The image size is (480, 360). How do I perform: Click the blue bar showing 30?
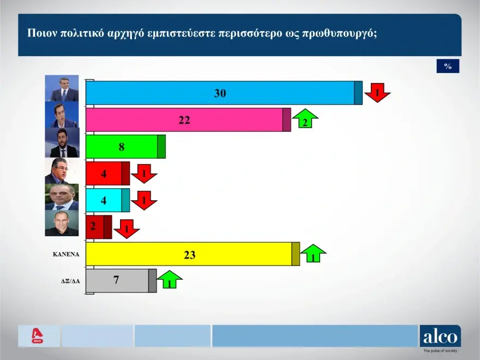pos(224,93)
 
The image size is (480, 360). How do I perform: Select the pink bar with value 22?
pos(188,119)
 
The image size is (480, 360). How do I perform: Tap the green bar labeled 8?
pos(125,147)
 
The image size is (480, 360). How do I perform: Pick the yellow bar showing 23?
pos(193,254)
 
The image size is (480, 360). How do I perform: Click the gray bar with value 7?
pos(121,281)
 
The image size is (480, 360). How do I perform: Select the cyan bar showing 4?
pos(108,200)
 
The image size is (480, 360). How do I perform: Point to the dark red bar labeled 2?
pos(99,227)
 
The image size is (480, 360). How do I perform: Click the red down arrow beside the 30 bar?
pos(377,92)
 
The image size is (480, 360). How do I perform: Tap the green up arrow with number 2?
pos(305,118)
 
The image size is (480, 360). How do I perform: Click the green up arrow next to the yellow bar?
pos(313,253)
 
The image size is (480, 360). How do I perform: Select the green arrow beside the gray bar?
pos(170,279)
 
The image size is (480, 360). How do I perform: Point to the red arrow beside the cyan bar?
pos(144,201)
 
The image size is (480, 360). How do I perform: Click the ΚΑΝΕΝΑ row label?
pos(66,254)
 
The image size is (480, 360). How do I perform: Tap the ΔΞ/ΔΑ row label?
pos(70,281)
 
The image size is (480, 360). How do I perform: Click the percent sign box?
pos(448,66)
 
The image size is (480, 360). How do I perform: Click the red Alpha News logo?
pos(37,336)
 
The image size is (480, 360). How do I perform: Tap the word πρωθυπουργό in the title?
pos(339,33)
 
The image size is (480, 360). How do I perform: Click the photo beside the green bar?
pos(62,143)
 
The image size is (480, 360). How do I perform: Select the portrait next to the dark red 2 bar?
pos(62,223)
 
